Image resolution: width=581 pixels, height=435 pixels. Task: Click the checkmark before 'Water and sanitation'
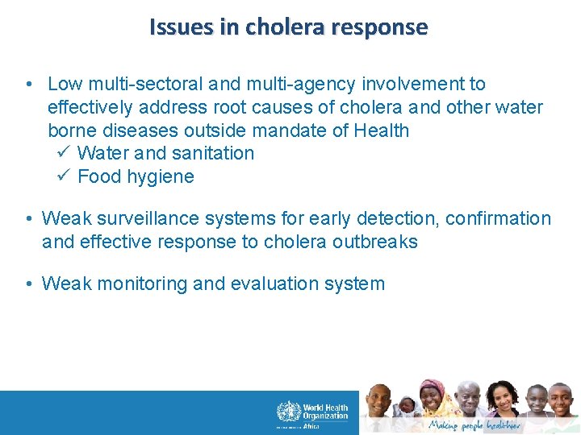(65, 153)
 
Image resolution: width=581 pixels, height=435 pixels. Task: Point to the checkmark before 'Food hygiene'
(65, 176)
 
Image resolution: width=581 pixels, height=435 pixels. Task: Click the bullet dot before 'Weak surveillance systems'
(29, 219)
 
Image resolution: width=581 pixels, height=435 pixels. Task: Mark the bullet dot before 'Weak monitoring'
(29, 284)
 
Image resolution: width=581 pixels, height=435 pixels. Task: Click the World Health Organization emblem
(288, 412)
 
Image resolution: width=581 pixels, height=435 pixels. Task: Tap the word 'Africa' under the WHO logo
(311, 426)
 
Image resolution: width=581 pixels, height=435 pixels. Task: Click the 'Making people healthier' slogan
(474, 425)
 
